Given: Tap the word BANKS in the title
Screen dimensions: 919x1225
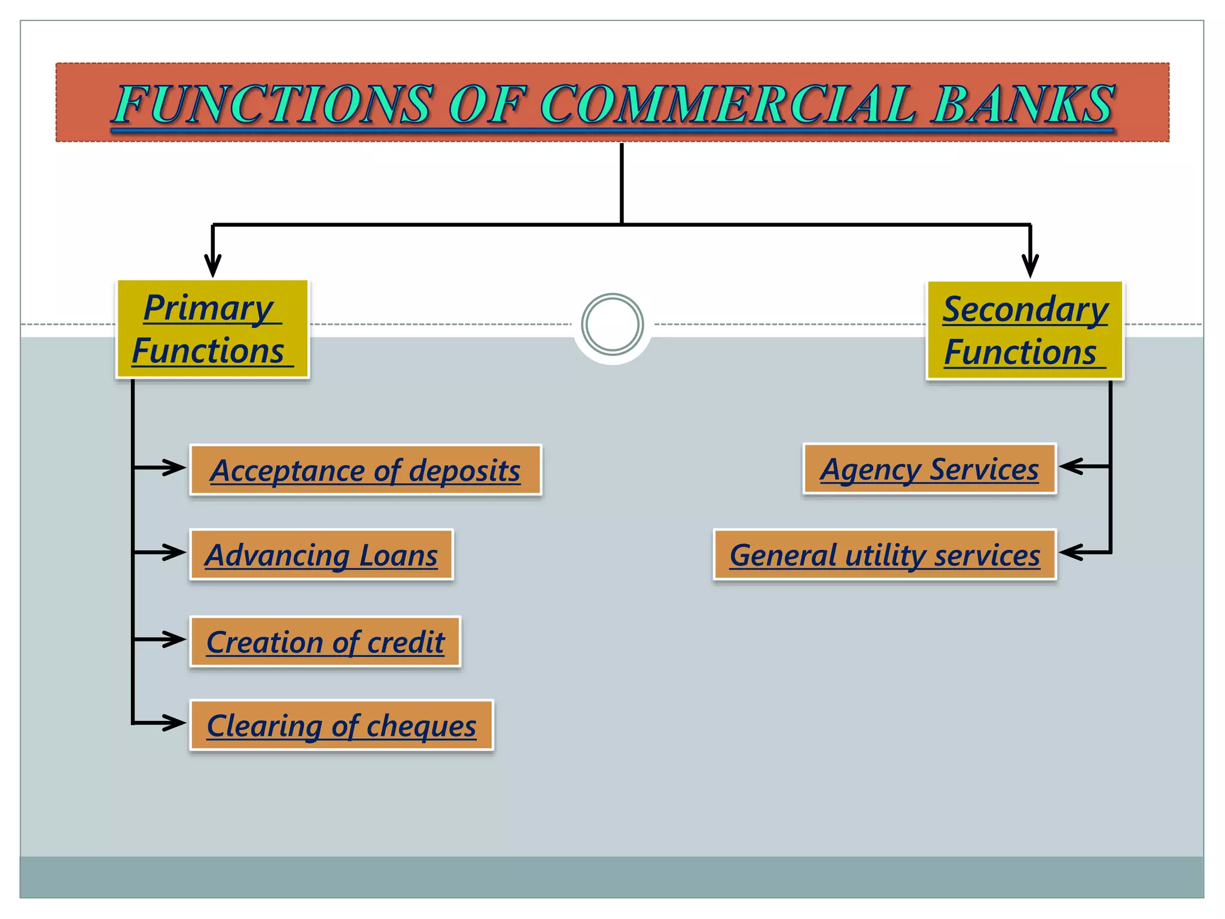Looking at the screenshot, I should pyautogui.click(x=1023, y=105).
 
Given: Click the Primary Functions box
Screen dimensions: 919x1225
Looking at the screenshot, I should pyautogui.click(x=212, y=329).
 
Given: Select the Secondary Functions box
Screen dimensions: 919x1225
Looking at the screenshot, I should pyautogui.click(x=1025, y=330).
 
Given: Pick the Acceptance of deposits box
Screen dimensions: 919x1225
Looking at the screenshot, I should pyautogui.click(x=365, y=470).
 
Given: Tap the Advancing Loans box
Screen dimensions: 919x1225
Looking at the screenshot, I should pyautogui.click(x=321, y=555).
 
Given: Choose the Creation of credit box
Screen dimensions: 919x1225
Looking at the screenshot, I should pyautogui.click(x=325, y=641).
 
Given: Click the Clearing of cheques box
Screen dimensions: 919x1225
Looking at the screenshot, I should pyautogui.click(x=341, y=725).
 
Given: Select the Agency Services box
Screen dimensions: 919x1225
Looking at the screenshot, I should pyautogui.click(x=930, y=469).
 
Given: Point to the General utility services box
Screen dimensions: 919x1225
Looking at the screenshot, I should pyautogui.click(x=885, y=555).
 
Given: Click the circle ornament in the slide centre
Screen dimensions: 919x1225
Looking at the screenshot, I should pyautogui.click(x=612, y=324).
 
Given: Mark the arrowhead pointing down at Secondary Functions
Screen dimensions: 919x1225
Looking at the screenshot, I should pyautogui.click(x=1030, y=266).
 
